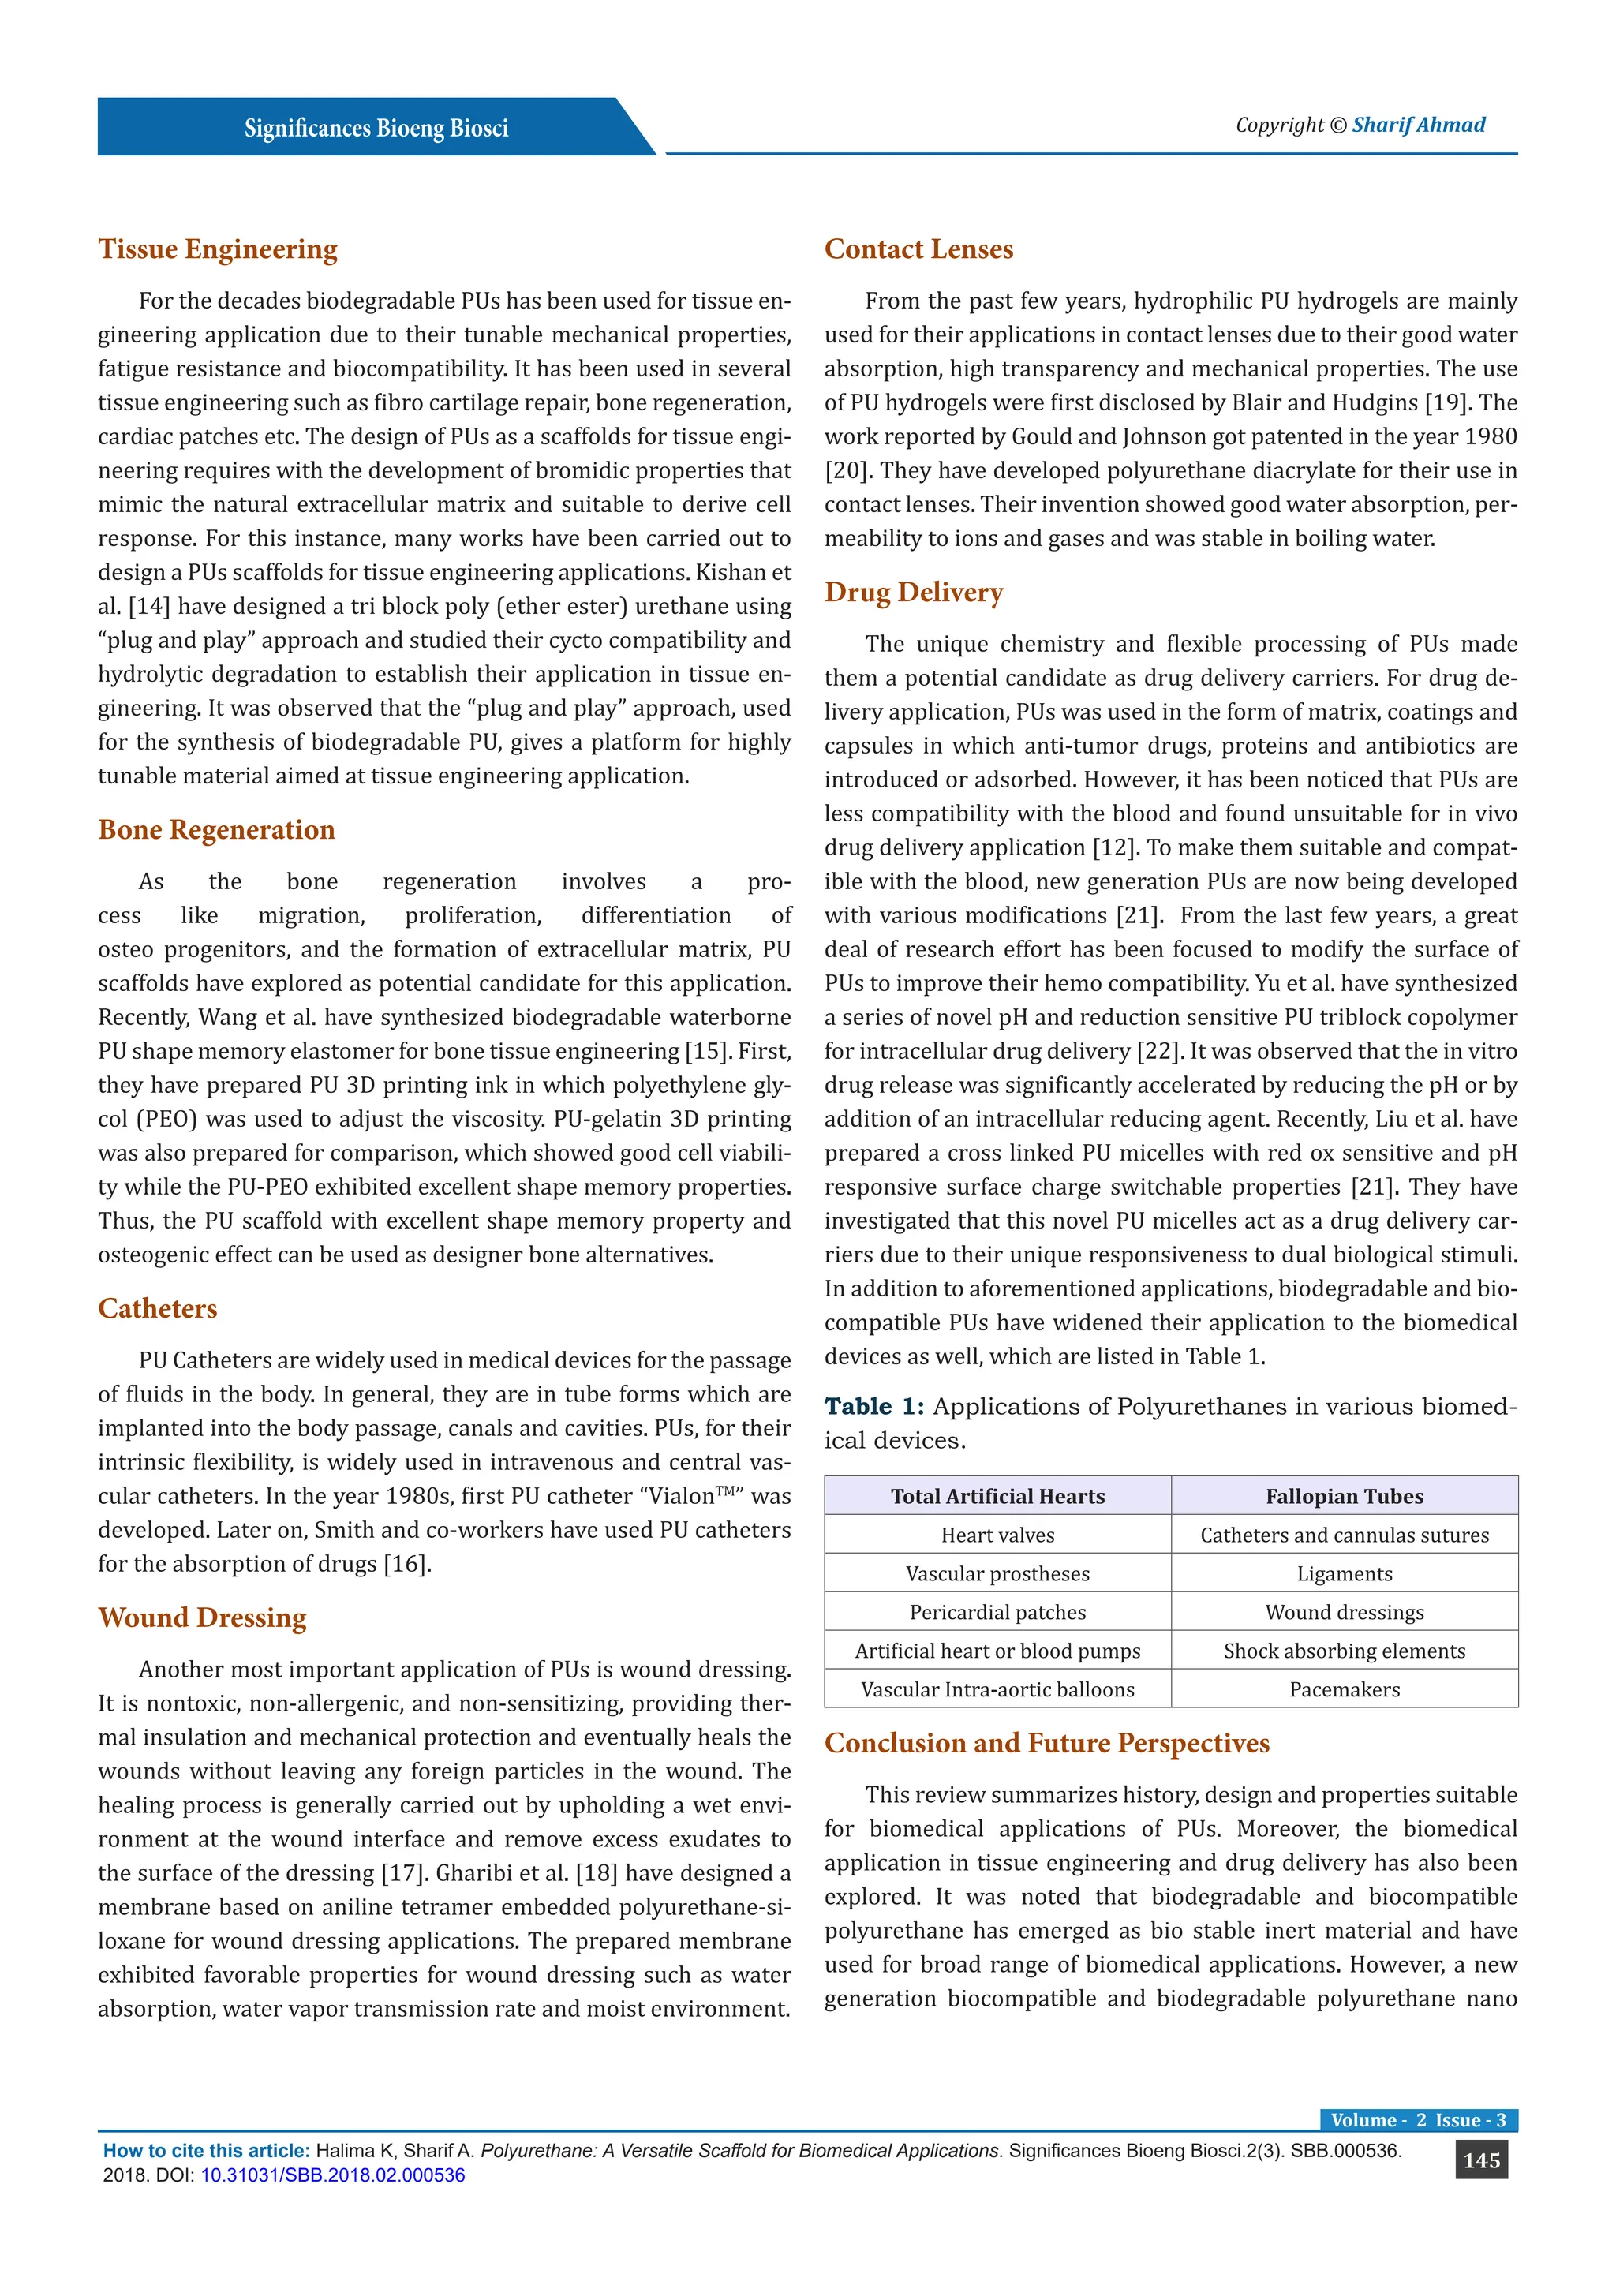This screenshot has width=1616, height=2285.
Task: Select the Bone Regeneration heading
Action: tap(216, 829)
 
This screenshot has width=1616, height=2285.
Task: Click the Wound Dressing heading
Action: tap(202, 1617)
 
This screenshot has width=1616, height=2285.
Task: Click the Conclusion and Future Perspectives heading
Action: tap(1047, 1743)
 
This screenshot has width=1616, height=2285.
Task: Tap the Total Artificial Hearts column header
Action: tap(997, 1496)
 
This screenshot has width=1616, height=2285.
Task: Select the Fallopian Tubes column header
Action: tap(1345, 1496)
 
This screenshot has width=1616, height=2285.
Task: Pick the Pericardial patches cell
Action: tap(997, 1612)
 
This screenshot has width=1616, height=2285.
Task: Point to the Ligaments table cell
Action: tap(1345, 1573)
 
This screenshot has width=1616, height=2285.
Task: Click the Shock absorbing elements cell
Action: tap(1345, 1651)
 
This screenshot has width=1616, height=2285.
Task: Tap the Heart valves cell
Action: tap(997, 1535)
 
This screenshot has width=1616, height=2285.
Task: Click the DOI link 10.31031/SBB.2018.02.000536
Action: tap(333, 2175)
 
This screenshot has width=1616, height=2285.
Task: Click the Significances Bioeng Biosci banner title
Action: tap(376, 129)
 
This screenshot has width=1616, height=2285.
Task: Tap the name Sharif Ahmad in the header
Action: tap(1418, 125)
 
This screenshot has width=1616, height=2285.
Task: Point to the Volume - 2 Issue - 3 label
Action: tap(1418, 2120)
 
